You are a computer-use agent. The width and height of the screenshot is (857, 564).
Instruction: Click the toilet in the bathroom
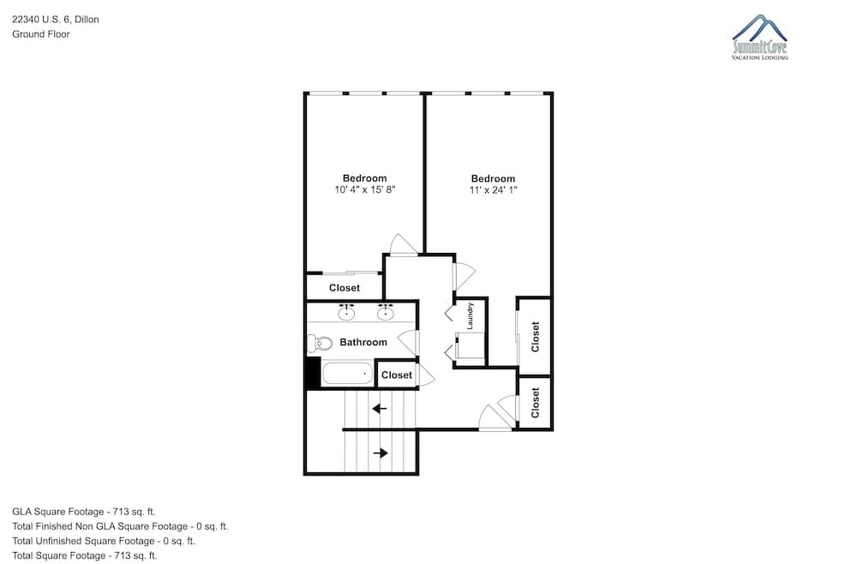click(x=321, y=344)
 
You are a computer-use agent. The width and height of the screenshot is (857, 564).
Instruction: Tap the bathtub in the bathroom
click(x=348, y=374)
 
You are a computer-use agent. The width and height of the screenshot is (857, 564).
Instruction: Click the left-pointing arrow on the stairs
click(x=380, y=408)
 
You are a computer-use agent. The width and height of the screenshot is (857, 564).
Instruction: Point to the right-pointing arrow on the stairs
click(x=381, y=453)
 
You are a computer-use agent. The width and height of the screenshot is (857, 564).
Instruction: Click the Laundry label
click(x=470, y=316)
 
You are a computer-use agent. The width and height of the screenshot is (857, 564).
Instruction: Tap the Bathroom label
click(x=363, y=342)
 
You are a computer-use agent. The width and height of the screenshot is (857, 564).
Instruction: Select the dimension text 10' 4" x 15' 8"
click(x=364, y=189)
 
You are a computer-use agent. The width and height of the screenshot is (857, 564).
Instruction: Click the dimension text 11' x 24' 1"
click(x=493, y=189)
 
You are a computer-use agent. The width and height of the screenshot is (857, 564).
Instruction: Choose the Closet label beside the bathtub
click(x=397, y=375)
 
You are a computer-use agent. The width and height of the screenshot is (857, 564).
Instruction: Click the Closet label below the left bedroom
click(x=345, y=287)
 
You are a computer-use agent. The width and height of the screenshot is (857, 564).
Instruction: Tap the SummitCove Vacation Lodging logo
click(x=759, y=37)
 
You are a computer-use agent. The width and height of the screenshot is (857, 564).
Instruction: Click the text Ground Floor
click(x=41, y=34)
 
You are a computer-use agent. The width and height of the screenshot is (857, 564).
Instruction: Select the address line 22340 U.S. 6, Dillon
click(x=56, y=20)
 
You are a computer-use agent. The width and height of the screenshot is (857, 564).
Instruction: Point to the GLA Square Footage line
click(x=84, y=512)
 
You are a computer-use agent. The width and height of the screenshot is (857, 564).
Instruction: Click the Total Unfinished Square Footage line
click(x=104, y=541)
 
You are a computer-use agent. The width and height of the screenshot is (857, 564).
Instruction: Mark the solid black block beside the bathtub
click(x=313, y=372)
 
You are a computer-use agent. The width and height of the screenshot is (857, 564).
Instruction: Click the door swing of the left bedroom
click(x=404, y=244)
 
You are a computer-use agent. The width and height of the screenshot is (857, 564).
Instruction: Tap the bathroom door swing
click(x=408, y=343)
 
